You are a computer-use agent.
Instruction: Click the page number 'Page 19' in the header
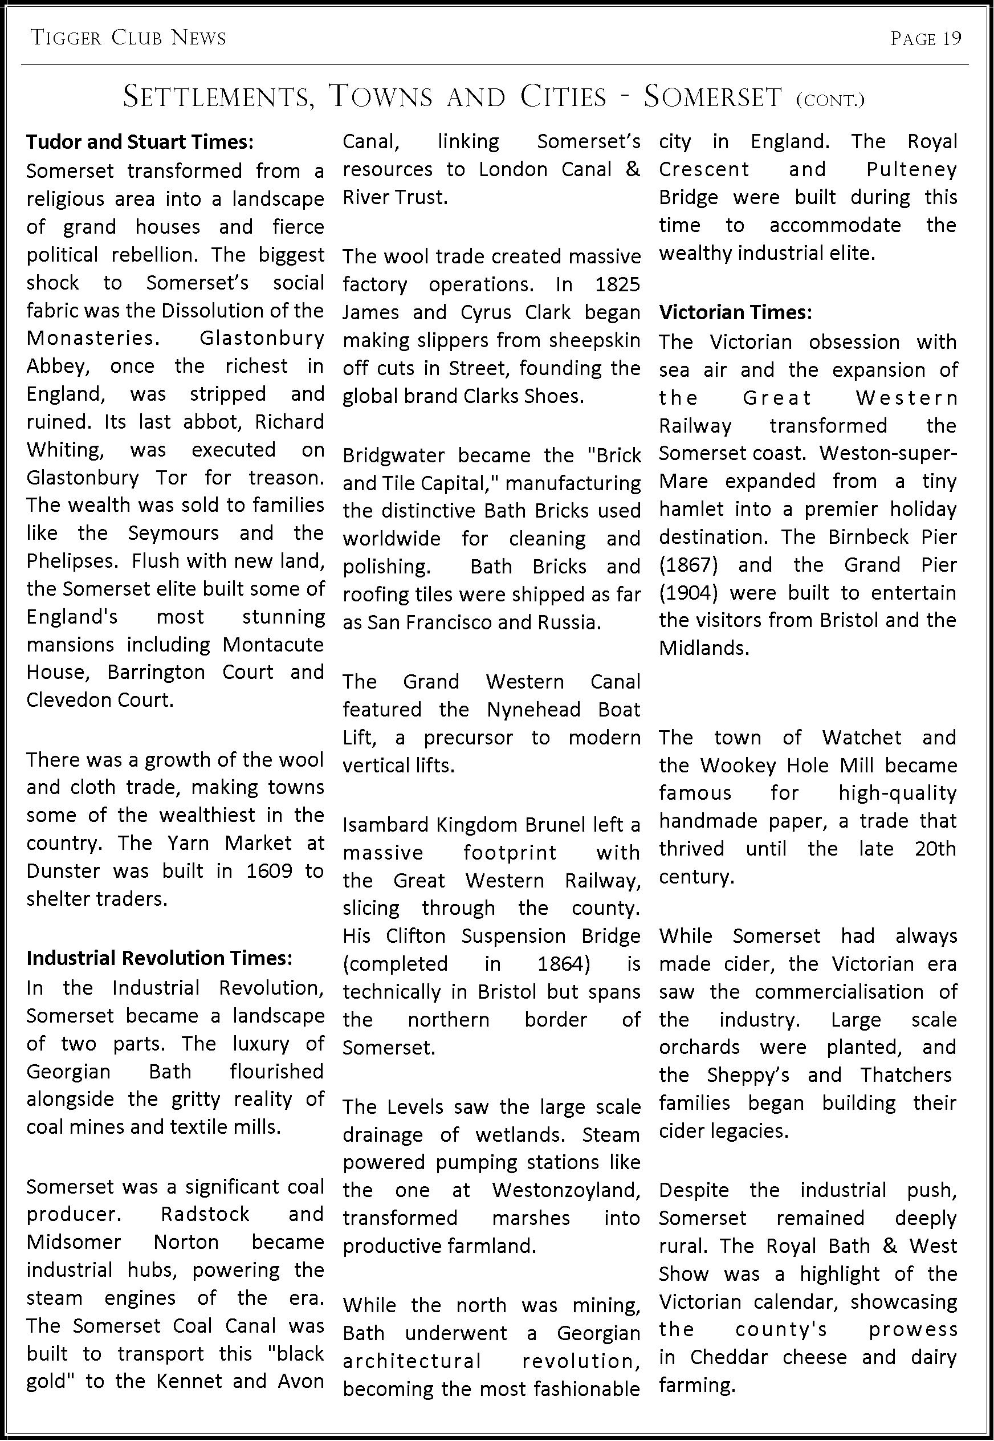pyautogui.click(x=926, y=39)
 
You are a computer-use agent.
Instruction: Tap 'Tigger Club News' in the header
pyautogui.click(x=128, y=39)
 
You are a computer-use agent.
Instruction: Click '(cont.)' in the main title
pyautogui.click(x=830, y=100)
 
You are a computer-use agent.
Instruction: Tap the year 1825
pyautogui.click(x=617, y=284)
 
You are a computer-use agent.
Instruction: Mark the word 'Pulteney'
pyautogui.click(x=911, y=170)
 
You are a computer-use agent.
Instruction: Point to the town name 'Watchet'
pyautogui.click(x=861, y=737)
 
